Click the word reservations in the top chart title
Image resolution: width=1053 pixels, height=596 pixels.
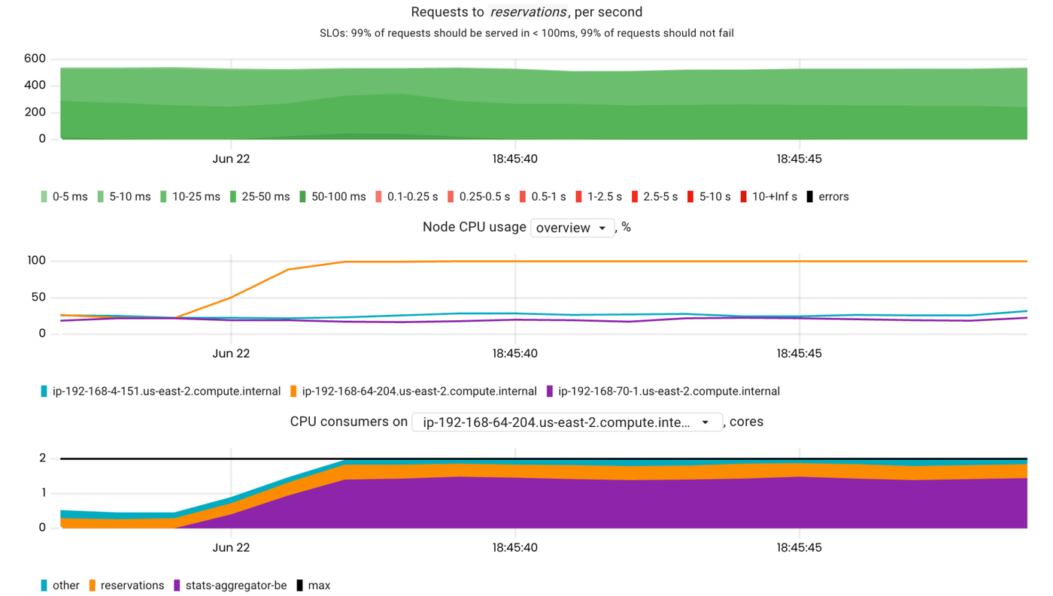[x=529, y=12]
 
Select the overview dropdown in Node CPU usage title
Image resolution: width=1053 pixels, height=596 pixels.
[x=572, y=228]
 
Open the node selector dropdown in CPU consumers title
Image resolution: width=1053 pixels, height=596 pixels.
[x=566, y=422]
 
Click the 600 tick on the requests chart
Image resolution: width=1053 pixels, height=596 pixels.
[x=35, y=59]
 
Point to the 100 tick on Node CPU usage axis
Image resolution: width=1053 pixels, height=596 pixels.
[x=37, y=261]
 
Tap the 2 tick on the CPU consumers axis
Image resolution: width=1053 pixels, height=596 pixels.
[x=43, y=458]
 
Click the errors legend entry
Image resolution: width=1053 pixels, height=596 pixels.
[x=827, y=197]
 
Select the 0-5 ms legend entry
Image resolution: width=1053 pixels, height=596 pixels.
[x=64, y=197]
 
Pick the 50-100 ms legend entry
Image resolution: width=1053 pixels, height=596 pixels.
[x=332, y=197]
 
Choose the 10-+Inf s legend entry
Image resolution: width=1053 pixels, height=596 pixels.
[x=769, y=197]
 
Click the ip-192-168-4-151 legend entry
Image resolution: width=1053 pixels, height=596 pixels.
[x=160, y=392]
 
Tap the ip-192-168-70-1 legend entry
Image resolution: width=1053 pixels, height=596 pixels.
[x=663, y=392]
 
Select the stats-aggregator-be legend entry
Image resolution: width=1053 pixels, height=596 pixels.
[x=229, y=585]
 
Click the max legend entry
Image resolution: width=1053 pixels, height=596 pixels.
[x=313, y=585]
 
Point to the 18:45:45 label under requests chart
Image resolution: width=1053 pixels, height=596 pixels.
[x=799, y=159]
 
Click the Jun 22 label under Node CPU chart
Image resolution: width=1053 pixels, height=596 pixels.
[x=231, y=353]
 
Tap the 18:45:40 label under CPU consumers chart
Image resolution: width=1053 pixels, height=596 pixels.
[x=515, y=547]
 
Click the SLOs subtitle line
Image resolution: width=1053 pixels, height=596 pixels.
[x=526, y=33]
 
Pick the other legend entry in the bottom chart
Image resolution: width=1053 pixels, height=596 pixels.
[x=60, y=585]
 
